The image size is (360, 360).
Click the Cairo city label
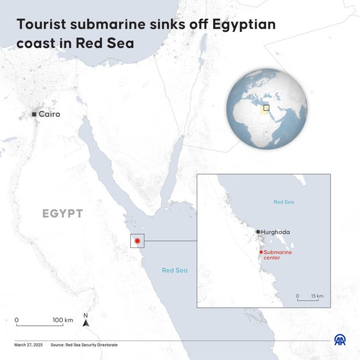[x=49, y=114]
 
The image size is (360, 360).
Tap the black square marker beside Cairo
[x=34, y=114]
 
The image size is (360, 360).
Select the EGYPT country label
[x=63, y=214]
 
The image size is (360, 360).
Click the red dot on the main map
[x=137, y=240]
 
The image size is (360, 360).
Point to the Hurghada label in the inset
[x=275, y=232]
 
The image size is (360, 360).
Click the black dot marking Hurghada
[x=258, y=232]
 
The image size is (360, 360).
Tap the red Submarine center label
[x=278, y=255]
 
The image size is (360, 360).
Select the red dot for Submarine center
[x=261, y=252]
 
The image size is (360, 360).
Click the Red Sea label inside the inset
[x=284, y=202]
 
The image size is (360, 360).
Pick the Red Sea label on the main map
[x=174, y=270]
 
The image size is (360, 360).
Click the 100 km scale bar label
[x=63, y=320]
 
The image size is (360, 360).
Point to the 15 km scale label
[x=317, y=296]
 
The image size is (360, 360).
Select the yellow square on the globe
[x=267, y=107]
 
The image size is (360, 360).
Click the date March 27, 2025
[x=28, y=345]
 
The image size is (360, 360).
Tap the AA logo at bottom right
[x=340, y=340]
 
